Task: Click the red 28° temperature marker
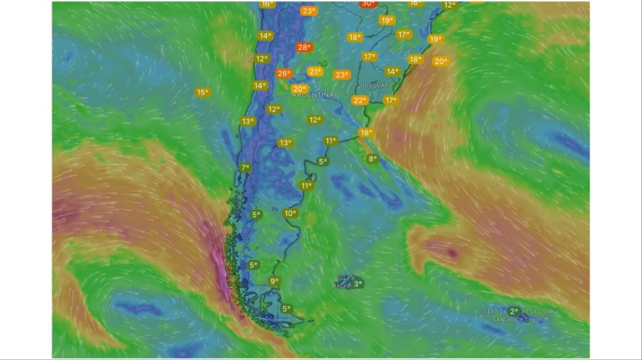pyautogui.click(x=305, y=48)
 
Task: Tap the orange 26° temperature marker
pyautogui.click(x=283, y=73)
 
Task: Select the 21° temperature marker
pyautogui.click(x=315, y=71)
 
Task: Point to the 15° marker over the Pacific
pyautogui.click(x=202, y=92)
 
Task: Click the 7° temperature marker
pyautogui.click(x=245, y=168)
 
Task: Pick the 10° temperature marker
pyautogui.click(x=290, y=213)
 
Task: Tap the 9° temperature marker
pyautogui.click(x=274, y=282)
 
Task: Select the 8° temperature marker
pyautogui.click(x=372, y=159)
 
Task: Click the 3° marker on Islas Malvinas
pyautogui.click(x=357, y=284)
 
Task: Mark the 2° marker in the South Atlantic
pyautogui.click(x=514, y=312)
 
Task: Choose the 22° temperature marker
pyautogui.click(x=360, y=101)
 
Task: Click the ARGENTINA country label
pyautogui.click(x=312, y=95)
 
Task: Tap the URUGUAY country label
pyautogui.click(x=374, y=86)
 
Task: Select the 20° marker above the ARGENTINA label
pyautogui.click(x=299, y=89)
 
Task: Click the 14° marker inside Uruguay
pyautogui.click(x=392, y=71)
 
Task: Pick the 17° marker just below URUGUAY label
pyautogui.click(x=390, y=101)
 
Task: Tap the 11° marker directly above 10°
pyautogui.click(x=306, y=186)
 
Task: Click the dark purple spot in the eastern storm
pyautogui.click(x=452, y=252)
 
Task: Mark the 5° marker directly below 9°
pyautogui.click(x=286, y=309)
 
